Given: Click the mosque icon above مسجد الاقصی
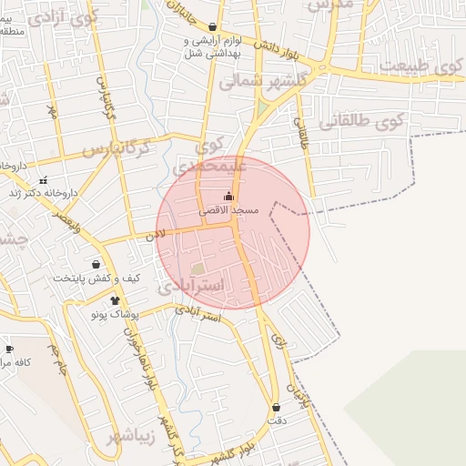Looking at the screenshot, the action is (x=228, y=197).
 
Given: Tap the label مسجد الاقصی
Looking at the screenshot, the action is (x=229, y=210).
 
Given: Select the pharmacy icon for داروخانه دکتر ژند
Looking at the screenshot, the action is (x=44, y=179).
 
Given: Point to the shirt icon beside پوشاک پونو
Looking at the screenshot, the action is (x=115, y=300).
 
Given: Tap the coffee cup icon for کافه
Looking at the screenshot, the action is (x=9, y=349).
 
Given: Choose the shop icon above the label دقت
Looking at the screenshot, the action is (x=276, y=407).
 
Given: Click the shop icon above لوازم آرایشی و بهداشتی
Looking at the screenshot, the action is (x=213, y=27).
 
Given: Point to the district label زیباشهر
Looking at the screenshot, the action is (x=131, y=436).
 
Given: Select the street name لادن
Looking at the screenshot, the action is (x=156, y=234).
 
